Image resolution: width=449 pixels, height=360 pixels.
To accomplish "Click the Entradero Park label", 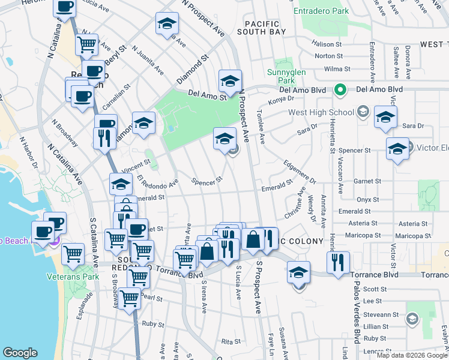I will pyautogui.click(x=321, y=11).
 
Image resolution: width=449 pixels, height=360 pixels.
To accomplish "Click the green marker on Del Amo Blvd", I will pyautogui.click(x=340, y=90).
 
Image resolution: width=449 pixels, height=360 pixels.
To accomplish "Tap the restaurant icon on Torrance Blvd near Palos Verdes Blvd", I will pyautogui.click(x=338, y=263).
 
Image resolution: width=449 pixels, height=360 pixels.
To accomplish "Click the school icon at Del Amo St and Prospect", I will pyautogui.click(x=230, y=81).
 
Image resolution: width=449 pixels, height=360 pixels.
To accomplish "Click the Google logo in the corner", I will pyautogui.click(x=20, y=353).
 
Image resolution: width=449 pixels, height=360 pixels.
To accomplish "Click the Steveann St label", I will pyautogui.click(x=384, y=314).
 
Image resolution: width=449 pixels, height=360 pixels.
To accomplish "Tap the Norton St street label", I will pyautogui.click(x=328, y=56).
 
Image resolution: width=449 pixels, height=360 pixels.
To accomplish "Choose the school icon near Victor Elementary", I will pyautogui.click(x=397, y=150).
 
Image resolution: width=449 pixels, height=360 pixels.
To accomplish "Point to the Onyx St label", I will pyautogui.click(x=367, y=199).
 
